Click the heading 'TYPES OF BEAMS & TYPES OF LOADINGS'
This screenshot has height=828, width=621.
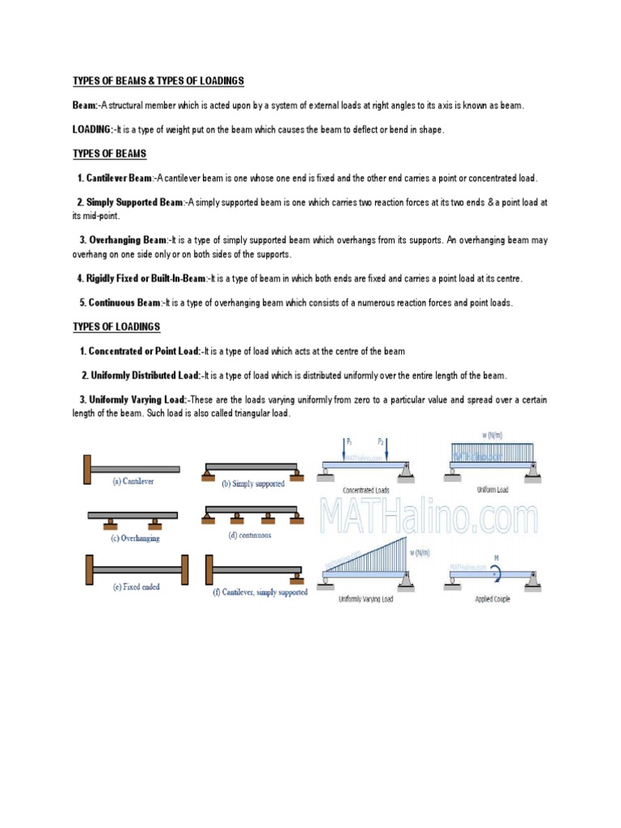158,82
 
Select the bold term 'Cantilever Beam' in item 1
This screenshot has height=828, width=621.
118,178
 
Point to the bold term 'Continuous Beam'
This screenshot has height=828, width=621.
125,302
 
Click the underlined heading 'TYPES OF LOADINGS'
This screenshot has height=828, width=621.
116,327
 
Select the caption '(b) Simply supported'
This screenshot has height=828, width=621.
253,484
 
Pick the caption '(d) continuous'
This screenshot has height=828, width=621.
250,534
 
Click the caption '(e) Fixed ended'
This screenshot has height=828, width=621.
136,587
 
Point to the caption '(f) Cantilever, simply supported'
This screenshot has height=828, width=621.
260,592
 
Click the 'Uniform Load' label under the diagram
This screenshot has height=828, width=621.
492,490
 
